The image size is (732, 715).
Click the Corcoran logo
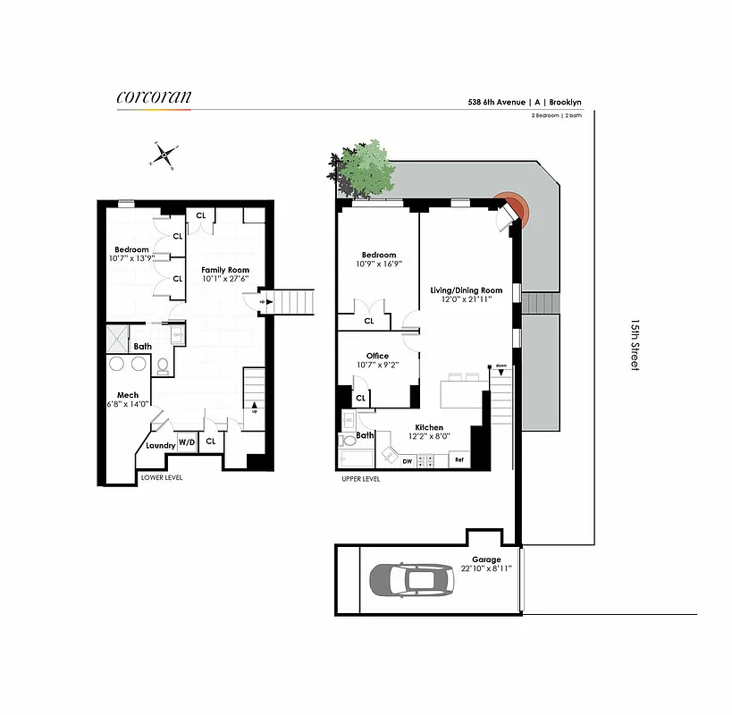(154, 97)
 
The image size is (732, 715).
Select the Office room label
(377, 356)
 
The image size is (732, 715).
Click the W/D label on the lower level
(187, 442)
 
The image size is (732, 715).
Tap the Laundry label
(160, 445)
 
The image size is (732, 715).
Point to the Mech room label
(127, 395)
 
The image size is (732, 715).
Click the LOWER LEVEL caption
(162, 478)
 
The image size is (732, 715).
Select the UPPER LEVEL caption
(360, 479)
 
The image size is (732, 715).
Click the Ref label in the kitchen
(459, 460)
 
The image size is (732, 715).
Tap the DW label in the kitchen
(408, 461)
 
